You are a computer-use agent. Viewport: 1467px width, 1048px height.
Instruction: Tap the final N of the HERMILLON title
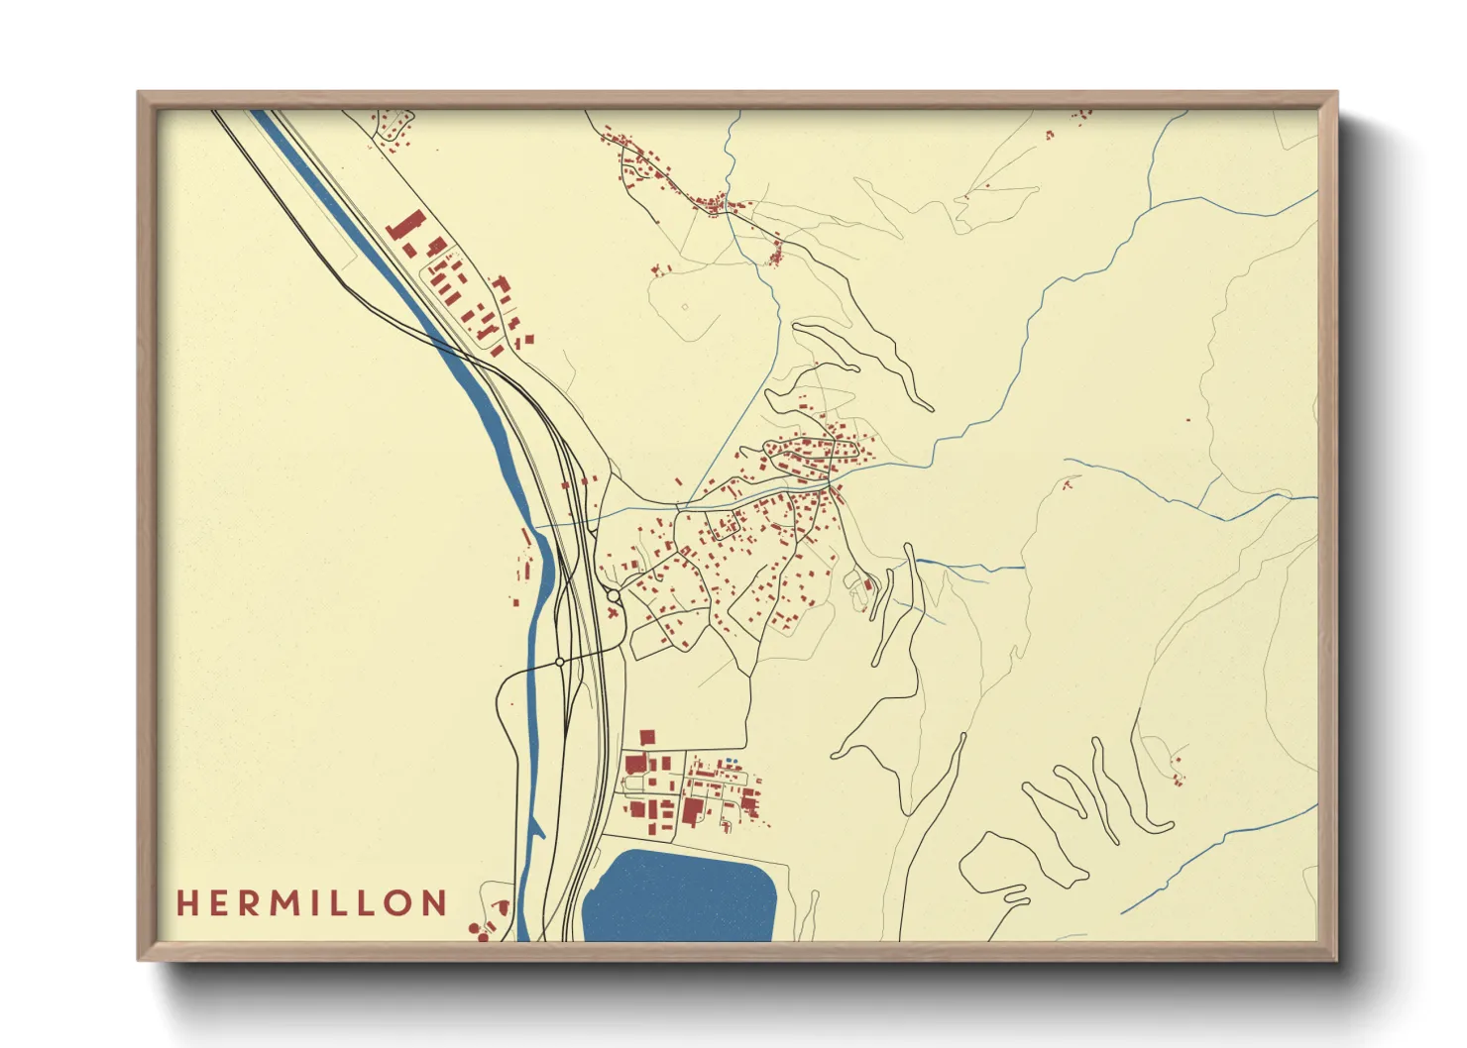click(x=434, y=903)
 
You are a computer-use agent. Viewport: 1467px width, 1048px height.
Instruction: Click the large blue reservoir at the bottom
click(x=682, y=896)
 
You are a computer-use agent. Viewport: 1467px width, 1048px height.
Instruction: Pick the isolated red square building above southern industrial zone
click(x=647, y=737)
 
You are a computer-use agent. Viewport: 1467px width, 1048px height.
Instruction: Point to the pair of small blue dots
click(x=731, y=761)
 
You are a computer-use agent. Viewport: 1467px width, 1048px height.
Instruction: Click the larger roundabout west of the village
click(x=615, y=596)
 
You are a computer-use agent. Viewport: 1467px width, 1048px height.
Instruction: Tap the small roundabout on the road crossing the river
click(x=560, y=661)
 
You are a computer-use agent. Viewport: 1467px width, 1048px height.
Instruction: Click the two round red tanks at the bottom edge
click(x=481, y=931)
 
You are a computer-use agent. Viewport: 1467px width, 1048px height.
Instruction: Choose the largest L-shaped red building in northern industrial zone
click(x=403, y=227)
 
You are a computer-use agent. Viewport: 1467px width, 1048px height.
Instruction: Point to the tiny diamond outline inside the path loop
click(x=685, y=307)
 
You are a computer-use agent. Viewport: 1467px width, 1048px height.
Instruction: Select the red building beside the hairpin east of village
click(x=868, y=584)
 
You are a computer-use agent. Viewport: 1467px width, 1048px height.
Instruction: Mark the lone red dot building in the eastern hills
click(x=1188, y=420)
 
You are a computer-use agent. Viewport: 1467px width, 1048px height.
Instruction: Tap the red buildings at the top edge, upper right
click(x=1081, y=115)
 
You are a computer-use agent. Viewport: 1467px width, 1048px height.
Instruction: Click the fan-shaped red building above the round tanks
click(x=503, y=906)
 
